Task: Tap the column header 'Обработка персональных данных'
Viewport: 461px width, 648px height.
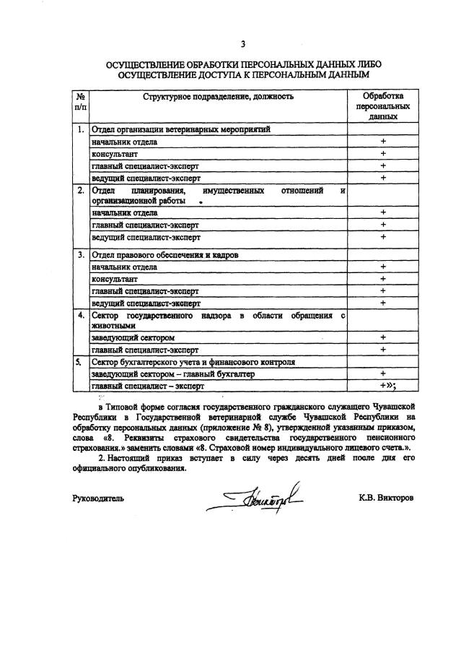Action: (382, 105)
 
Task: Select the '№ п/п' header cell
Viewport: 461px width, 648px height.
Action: (81, 101)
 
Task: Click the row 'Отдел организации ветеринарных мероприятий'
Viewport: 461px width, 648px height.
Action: (180, 131)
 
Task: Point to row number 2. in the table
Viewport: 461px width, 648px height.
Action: (81, 191)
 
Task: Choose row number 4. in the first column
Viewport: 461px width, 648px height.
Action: (81, 316)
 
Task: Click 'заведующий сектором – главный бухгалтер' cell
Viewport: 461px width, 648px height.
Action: (174, 374)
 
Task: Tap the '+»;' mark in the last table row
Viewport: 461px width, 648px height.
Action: (385, 386)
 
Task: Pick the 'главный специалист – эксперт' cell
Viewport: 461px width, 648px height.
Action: (149, 386)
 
